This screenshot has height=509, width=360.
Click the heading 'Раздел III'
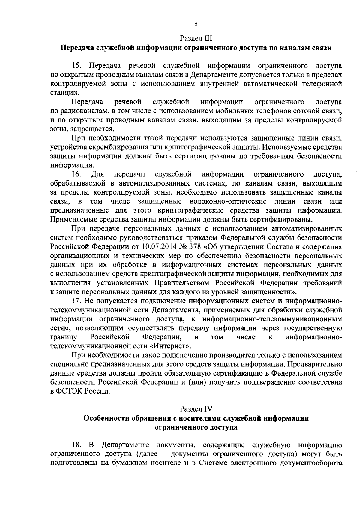pyautogui.click(x=196, y=38)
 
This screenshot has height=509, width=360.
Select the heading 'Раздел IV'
pyautogui.click(x=196, y=409)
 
